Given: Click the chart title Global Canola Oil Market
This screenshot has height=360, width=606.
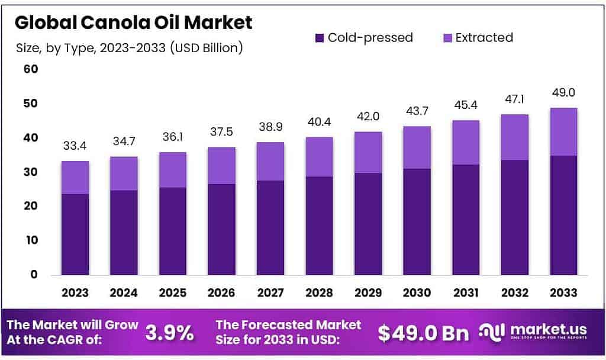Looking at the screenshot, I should tap(134, 22).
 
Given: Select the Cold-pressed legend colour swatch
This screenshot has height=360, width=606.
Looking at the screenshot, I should tap(320, 38).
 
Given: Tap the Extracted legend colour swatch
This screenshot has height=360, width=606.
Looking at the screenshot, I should tap(448, 38).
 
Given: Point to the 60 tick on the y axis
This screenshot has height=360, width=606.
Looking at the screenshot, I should tap(30, 69).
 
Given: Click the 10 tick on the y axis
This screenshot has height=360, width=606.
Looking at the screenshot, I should tap(30, 240).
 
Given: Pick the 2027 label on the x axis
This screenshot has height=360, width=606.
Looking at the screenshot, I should tap(270, 292).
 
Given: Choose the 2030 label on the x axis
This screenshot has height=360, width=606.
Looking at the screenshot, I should tap(417, 292).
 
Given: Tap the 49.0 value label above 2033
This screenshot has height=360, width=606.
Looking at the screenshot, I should tap(563, 93).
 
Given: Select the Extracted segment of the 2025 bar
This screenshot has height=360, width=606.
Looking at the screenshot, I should tap(172, 170).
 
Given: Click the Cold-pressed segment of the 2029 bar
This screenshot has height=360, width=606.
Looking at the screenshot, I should tap(368, 224).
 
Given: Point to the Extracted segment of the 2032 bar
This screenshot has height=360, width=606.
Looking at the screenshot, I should tap(514, 137).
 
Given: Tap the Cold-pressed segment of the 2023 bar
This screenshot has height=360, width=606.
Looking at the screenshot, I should tap(75, 234).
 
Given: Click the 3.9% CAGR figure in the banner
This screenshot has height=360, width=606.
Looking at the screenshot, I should tap(170, 333).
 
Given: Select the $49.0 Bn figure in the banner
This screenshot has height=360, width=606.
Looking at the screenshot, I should tap(423, 333).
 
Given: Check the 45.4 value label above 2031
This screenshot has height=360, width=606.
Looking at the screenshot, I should tap(465, 105).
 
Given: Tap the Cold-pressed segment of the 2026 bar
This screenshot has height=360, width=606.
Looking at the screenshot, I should tap(221, 229).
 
